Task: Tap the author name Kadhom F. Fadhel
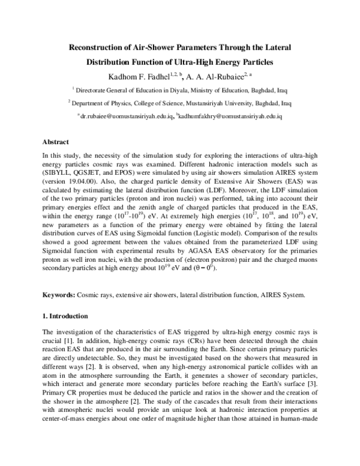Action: coord(133,76)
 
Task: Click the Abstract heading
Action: coord(56,142)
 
